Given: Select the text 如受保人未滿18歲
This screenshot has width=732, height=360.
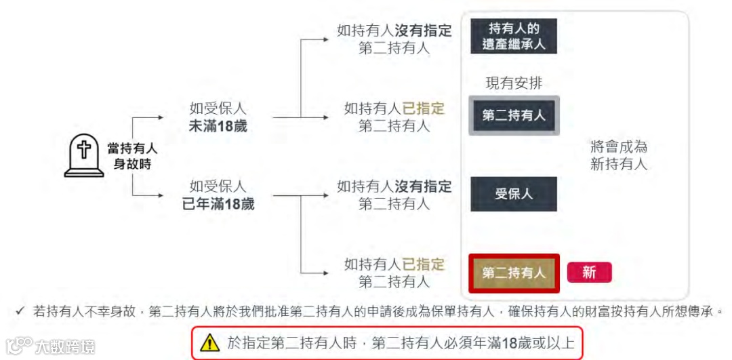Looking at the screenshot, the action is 218,117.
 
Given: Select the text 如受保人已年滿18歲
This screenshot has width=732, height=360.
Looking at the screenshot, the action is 218,195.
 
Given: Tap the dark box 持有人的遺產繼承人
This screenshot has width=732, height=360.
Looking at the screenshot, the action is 514,37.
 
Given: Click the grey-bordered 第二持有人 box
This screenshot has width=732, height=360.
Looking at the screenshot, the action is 514,115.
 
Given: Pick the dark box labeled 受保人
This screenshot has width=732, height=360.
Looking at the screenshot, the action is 514,194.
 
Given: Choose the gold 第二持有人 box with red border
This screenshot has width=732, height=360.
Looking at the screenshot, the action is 514,273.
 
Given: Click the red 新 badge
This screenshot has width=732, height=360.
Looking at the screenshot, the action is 589,273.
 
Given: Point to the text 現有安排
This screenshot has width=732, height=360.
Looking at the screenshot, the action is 514,83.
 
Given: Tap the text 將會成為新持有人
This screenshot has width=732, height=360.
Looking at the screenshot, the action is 619,155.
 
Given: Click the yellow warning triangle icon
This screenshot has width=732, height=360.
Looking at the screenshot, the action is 211,343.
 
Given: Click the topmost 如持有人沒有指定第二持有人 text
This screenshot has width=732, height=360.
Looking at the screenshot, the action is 394,39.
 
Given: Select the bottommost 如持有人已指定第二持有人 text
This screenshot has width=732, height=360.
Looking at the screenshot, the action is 394,272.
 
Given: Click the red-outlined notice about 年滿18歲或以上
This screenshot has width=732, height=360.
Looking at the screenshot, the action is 387,343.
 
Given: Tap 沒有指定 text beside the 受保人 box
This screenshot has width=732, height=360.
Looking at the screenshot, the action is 424,186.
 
